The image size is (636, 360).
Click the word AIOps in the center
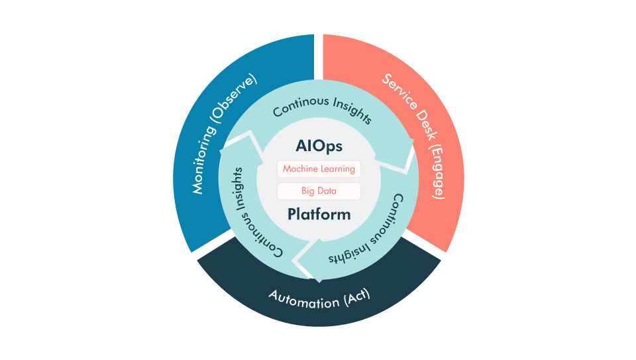pyautogui.click(x=319, y=146)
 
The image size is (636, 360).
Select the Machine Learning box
pyautogui.click(x=319, y=169)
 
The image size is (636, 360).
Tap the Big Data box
pyautogui.click(x=319, y=191)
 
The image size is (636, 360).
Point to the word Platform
pyautogui.click(x=319, y=215)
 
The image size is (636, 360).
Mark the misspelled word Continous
pyautogui.click(x=297, y=107)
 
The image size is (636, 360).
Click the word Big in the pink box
pyautogui.click(x=307, y=191)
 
